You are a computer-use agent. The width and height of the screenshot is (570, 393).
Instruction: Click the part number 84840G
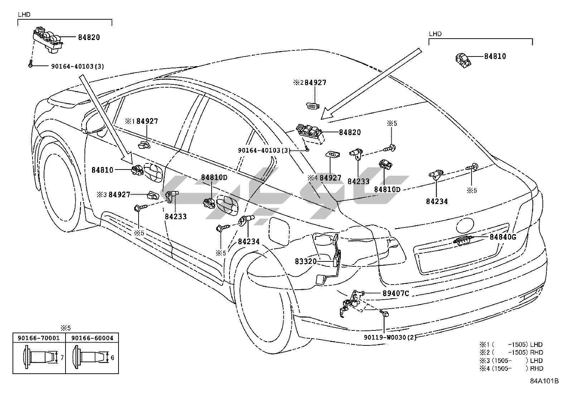[503, 237]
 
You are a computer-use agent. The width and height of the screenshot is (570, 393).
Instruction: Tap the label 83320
[306, 261]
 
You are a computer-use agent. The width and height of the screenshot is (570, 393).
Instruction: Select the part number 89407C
[396, 293]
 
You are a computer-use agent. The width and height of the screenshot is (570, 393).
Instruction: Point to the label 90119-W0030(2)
[390, 337]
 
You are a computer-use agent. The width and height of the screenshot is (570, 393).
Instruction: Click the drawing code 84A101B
[544, 381]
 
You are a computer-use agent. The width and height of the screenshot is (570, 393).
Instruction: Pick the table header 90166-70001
[39, 338]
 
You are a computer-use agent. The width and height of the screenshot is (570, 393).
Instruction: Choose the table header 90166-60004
[92, 338]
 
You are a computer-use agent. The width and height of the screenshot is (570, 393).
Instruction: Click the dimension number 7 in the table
[62, 358]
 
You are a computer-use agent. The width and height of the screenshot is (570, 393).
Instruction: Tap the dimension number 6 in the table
[112, 358]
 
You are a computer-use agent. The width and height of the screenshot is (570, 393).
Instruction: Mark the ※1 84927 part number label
[141, 121]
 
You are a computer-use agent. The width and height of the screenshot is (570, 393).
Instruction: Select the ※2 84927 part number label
[310, 83]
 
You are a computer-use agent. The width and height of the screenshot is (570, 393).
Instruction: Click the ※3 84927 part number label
[113, 195]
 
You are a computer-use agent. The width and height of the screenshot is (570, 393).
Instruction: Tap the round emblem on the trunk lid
[465, 226]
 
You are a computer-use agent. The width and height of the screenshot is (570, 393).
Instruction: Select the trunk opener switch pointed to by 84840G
[463, 240]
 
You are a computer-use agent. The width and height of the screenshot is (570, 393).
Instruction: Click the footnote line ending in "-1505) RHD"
[512, 353]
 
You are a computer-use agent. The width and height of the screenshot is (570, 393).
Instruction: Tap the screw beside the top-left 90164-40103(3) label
[30, 64]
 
